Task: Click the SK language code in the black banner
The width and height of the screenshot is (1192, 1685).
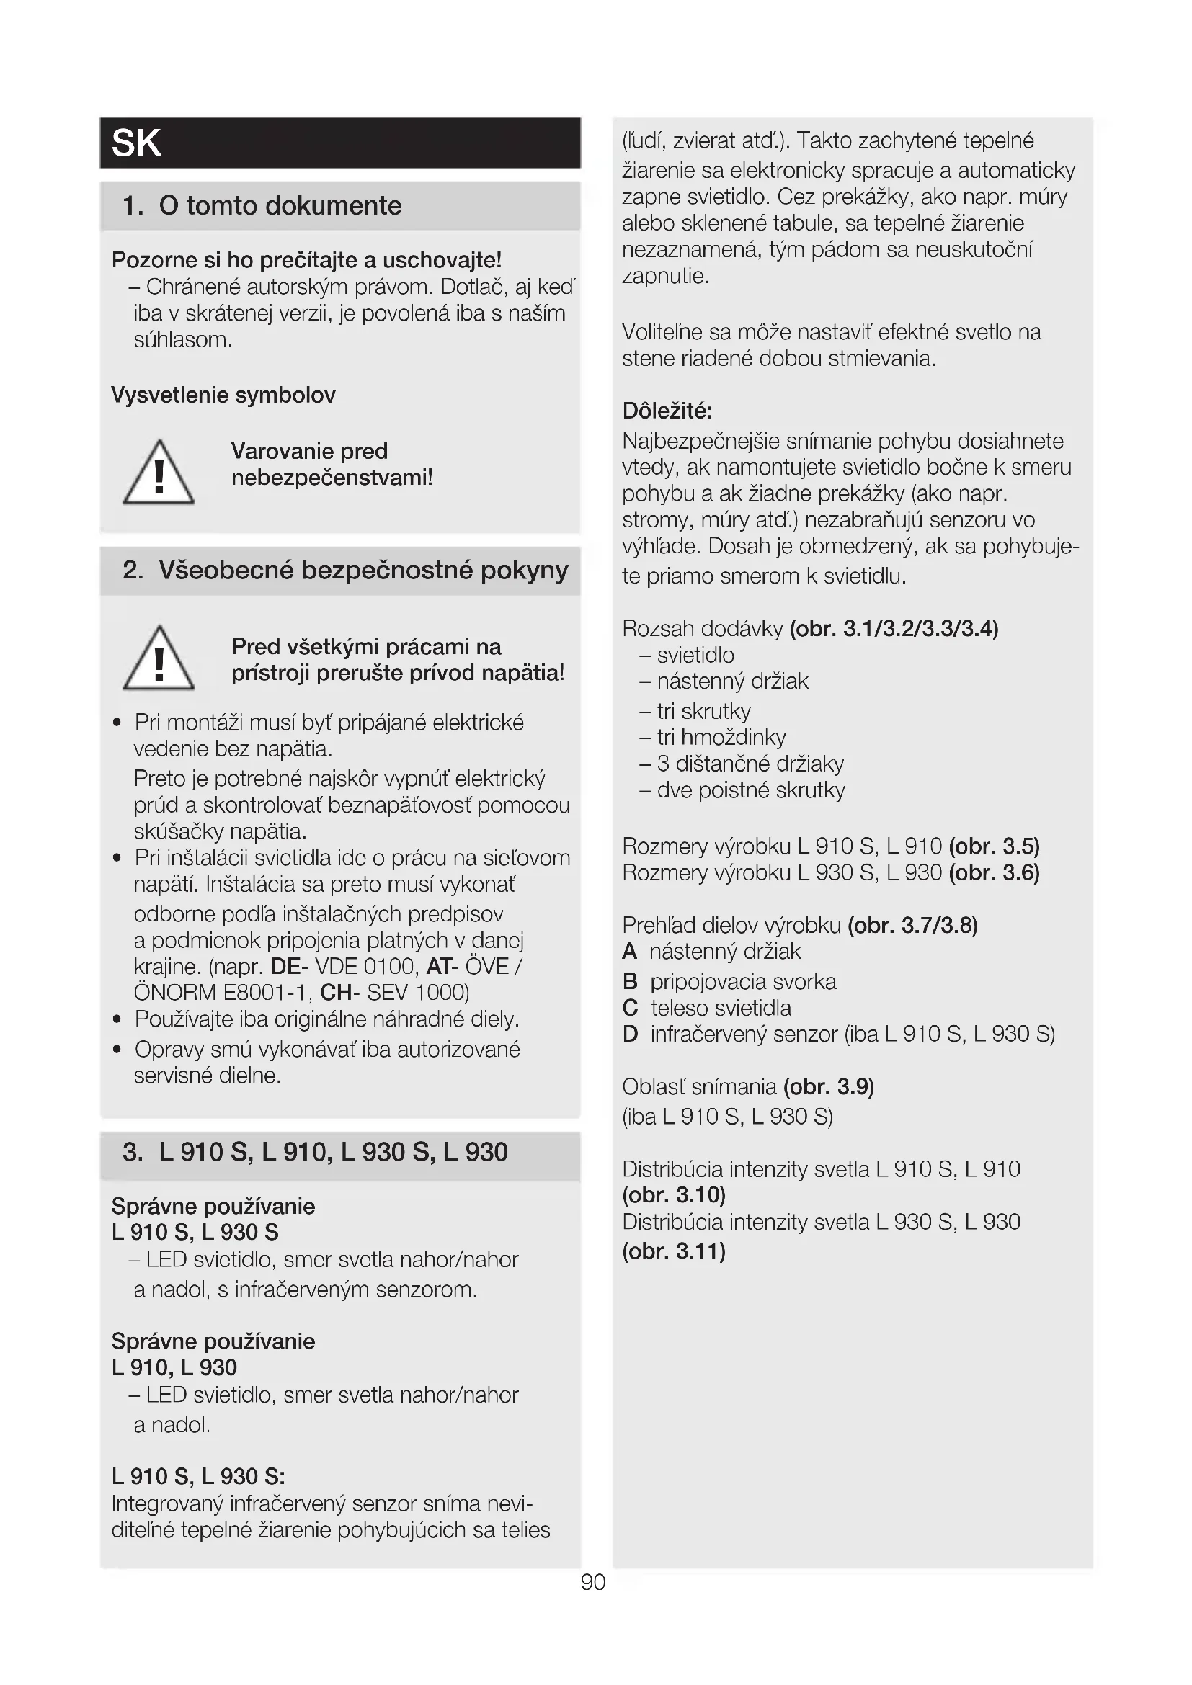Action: [x=135, y=143]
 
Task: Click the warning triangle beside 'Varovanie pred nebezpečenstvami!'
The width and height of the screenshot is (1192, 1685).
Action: [x=159, y=473]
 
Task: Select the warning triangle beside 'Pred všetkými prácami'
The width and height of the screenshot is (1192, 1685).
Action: [x=159, y=659]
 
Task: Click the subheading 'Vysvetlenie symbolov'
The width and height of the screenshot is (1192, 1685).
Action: [x=223, y=395]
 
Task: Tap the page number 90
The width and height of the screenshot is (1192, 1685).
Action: [x=593, y=1581]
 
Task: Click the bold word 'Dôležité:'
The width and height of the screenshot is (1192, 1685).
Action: [x=667, y=410]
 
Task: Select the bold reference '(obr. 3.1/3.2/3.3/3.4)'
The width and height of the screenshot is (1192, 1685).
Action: [x=894, y=629]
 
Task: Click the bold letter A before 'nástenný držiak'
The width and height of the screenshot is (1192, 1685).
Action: [x=629, y=952]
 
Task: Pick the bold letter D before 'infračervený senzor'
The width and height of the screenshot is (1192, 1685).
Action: [x=630, y=1034]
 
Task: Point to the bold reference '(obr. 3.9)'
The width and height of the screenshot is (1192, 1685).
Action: [x=829, y=1087]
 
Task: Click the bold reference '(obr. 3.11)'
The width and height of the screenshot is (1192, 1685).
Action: [x=674, y=1251]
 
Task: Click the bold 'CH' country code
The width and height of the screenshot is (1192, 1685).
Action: [x=335, y=993]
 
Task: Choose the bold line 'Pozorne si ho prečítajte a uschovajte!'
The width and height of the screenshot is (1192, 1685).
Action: [x=306, y=260]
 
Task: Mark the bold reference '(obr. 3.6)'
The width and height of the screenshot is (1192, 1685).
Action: [x=994, y=872]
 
